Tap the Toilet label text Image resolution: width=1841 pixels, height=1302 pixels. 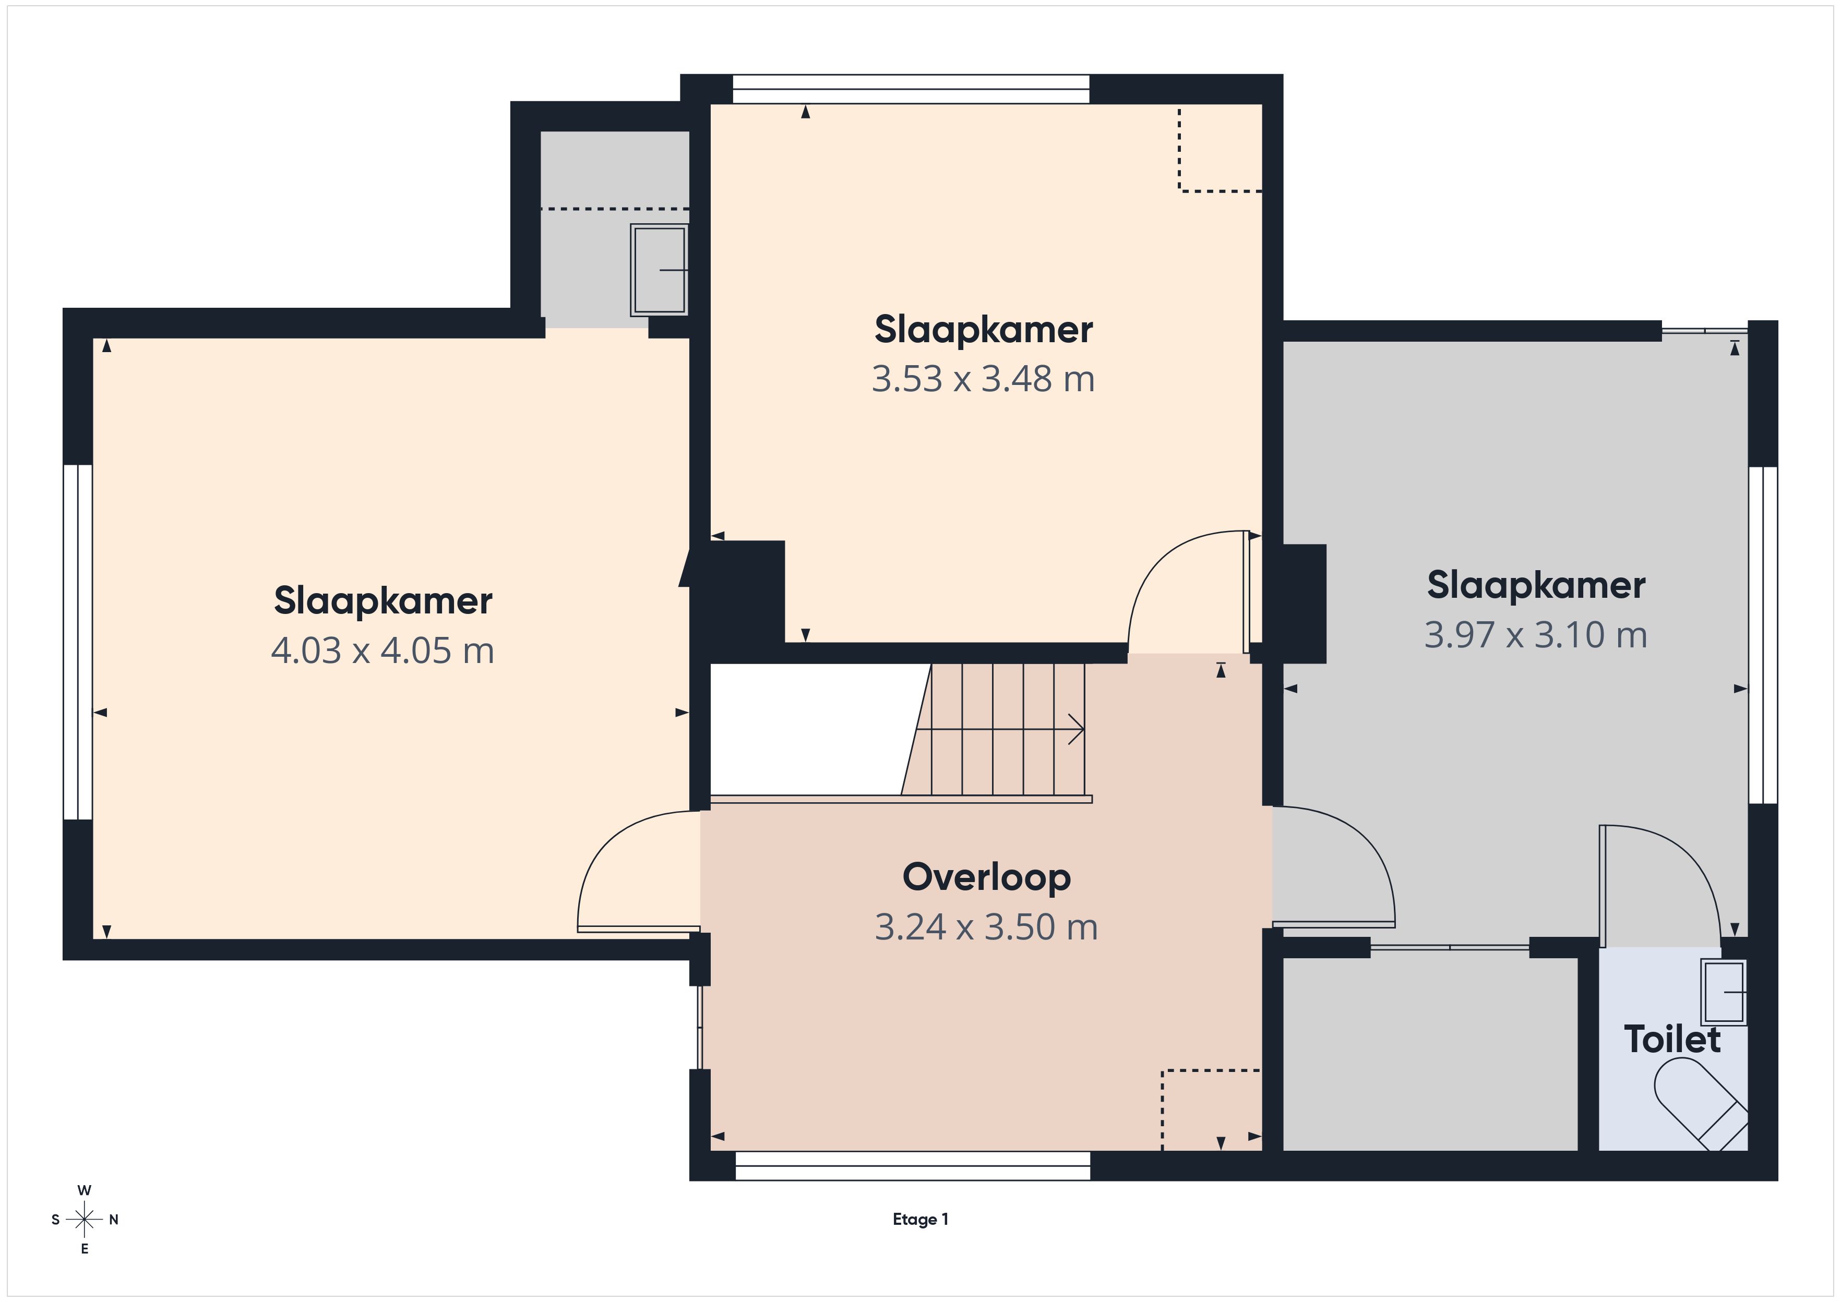pos(1672,1039)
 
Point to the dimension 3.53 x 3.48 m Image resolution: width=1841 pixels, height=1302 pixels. pos(983,379)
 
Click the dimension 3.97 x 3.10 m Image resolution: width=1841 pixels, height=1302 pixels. pos(1536,635)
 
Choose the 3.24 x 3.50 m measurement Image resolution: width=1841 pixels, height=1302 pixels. pos(986,927)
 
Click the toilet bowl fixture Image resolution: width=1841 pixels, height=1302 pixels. pos(1701,1104)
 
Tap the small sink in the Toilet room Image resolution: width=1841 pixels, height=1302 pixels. pos(1724,993)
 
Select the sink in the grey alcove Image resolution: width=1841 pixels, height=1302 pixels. pos(659,269)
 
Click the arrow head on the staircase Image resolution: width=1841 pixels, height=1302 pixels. pos(1077,730)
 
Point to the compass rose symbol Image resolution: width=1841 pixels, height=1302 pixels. pos(84,1220)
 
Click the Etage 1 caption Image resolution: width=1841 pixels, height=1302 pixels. pos(921,1220)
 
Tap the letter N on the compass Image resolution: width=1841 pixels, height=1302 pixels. pos(114,1220)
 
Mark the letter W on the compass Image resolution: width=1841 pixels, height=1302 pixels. pos(84,1190)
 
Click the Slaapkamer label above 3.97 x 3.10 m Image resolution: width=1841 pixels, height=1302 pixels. pos(1536,585)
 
